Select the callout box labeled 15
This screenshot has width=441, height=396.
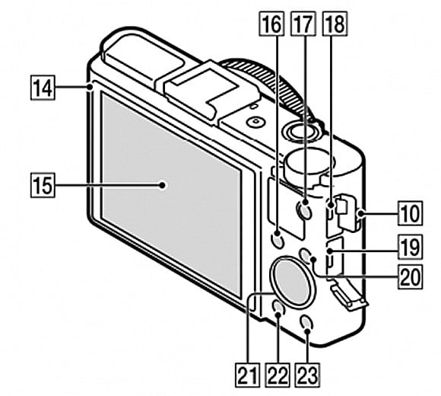pos(43,184)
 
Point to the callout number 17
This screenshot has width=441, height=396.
pos(303,24)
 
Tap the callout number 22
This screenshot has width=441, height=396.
pos(275,372)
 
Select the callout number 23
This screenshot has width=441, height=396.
pos(308,372)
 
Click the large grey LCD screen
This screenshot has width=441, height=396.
pos(171,190)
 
